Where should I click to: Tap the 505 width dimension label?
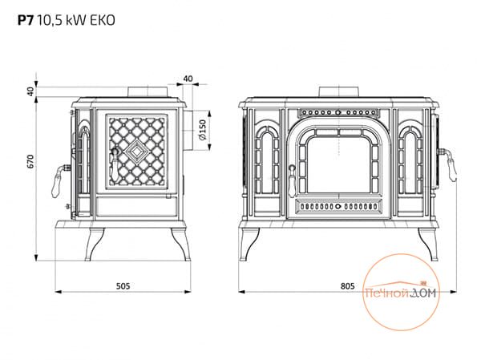point(123,285)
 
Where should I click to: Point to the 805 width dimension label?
point(346,285)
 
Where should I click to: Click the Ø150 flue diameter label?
point(204,127)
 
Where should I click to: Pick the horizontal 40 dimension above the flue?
point(188,79)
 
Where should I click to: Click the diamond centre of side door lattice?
point(135,150)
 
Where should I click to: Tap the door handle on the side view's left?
point(59,175)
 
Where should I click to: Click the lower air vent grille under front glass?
point(338,206)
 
